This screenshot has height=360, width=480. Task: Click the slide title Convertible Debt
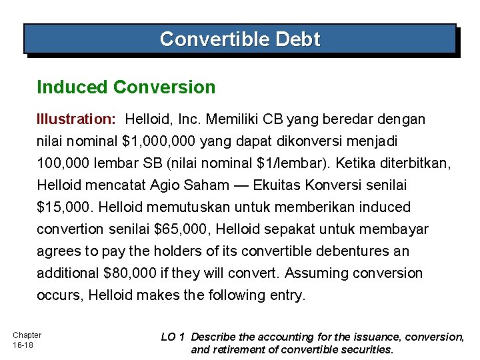[240, 39]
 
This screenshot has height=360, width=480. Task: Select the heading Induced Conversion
[126, 87]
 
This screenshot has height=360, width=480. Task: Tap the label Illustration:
[77, 119]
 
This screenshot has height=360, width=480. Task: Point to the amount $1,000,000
[159, 141]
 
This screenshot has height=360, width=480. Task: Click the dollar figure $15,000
[63, 207]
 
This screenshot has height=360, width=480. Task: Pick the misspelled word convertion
[68, 229]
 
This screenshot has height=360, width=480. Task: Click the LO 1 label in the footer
[173, 337]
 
